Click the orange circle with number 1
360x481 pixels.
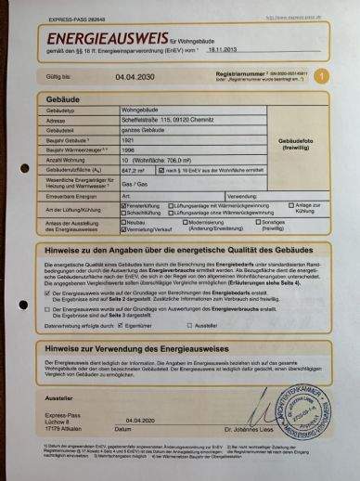(321, 78)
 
